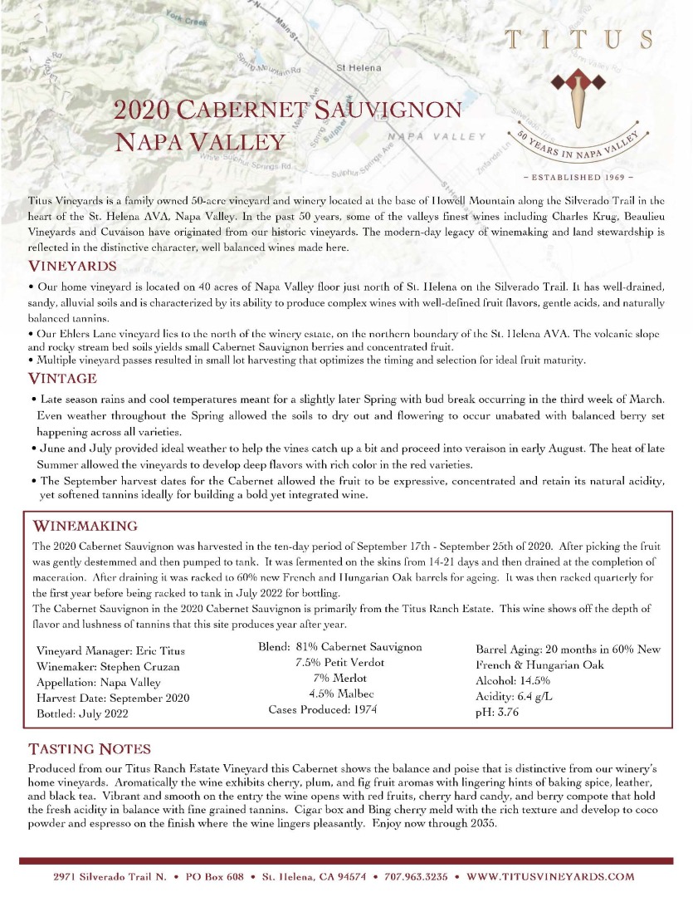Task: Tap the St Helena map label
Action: [359, 67]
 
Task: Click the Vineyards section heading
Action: [72, 267]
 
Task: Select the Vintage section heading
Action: [62, 379]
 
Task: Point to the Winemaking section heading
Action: [85, 526]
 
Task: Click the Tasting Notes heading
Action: [90, 748]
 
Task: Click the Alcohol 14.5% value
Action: [512, 680]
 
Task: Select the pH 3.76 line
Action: [497, 712]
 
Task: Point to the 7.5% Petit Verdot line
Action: [339, 663]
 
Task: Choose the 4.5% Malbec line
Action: [341, 694]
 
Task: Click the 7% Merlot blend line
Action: [339, 679]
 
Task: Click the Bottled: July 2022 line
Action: [82, 713]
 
